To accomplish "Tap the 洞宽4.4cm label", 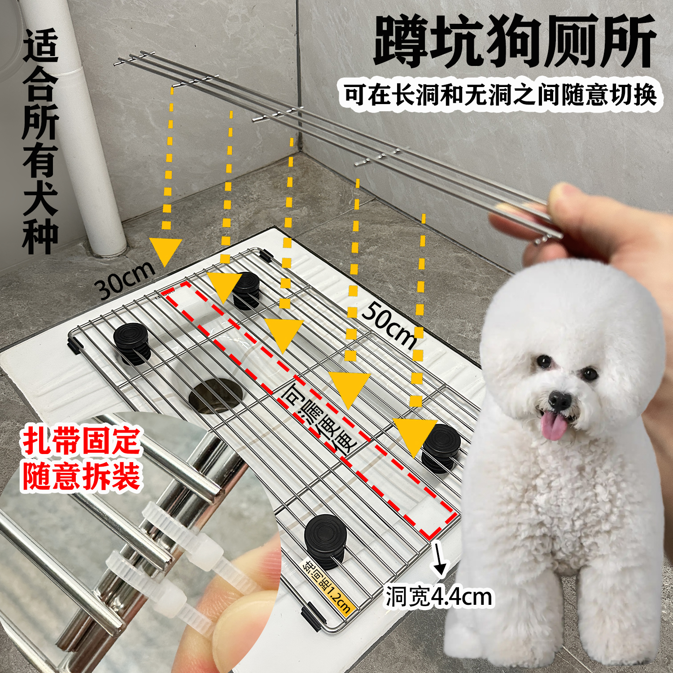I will [x=439, y=597].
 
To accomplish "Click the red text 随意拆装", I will [x=82, y=476].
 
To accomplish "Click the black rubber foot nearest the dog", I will [x=441, y=446].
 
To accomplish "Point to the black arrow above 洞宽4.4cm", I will [x=439, y=560].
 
